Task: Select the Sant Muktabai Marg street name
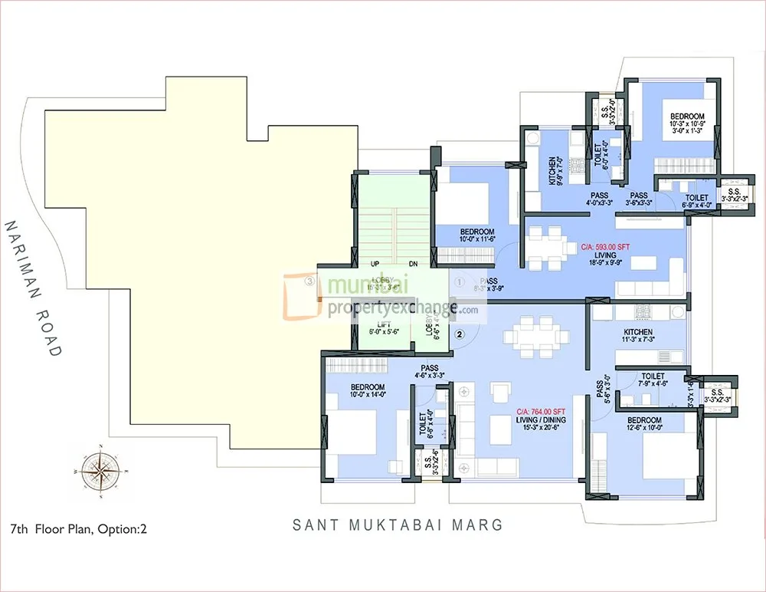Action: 398,525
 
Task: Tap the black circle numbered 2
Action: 460,334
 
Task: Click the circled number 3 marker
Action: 309,281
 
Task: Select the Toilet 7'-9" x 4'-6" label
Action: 653,380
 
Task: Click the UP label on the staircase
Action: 375,264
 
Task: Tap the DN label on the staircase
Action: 414,264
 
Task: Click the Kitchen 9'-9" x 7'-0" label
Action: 557,166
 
